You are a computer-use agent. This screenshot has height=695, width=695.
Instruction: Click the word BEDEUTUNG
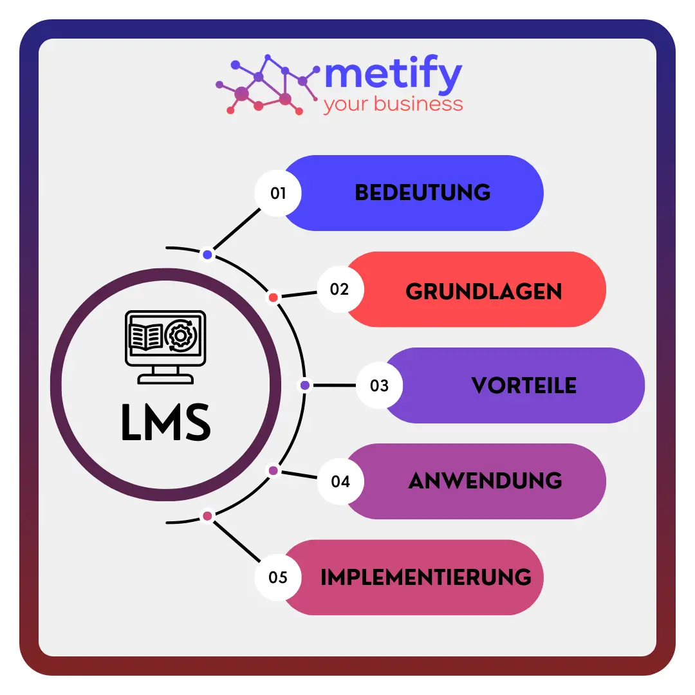423,192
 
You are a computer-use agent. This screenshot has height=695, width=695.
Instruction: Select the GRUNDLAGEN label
484,292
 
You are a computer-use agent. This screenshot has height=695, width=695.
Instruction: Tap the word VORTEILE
524,385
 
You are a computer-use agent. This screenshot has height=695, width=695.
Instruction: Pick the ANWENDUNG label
485,481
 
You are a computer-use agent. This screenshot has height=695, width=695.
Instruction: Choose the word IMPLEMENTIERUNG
426,577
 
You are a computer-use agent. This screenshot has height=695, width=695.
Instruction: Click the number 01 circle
278,193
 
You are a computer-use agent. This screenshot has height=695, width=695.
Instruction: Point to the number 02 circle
340,290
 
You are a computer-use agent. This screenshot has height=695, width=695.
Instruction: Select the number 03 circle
379,385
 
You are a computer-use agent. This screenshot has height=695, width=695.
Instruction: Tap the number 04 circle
340,481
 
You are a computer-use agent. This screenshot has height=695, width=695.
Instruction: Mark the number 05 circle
278,577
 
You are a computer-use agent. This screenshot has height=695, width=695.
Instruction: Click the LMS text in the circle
166,423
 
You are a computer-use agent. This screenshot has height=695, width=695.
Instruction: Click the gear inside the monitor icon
181,335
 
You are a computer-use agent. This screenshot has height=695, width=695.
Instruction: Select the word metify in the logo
393,77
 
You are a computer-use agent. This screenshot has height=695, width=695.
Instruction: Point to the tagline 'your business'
393,104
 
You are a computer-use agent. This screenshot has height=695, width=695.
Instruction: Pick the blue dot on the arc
207,255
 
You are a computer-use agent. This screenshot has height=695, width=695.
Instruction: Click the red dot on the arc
273,297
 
